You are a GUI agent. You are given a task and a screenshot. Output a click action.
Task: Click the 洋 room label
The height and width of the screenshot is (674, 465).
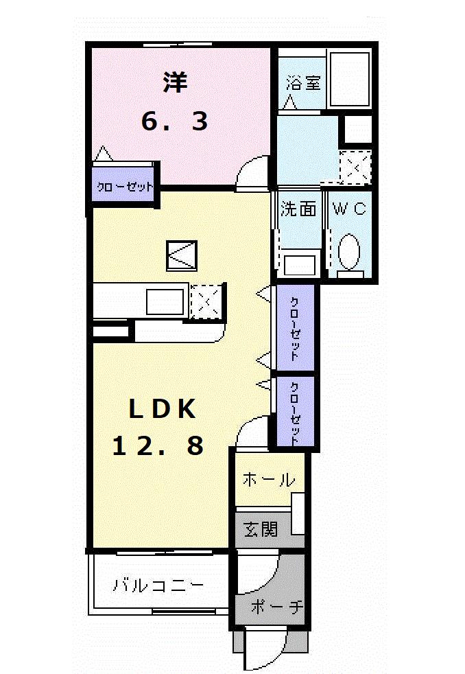point(175,83)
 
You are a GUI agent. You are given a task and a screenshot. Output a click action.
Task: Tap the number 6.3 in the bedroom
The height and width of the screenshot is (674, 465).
point(174,122)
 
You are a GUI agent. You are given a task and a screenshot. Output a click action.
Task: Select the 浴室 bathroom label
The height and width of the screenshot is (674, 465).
point(302,84)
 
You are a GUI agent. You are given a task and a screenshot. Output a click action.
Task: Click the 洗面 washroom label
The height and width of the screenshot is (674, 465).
point(298,209)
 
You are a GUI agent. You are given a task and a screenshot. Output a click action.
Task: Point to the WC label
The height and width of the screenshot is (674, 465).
point(350,209)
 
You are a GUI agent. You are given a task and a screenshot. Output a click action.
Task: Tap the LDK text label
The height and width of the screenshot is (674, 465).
point(163,409)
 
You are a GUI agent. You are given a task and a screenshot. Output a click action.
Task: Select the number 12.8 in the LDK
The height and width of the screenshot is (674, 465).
point(158,446)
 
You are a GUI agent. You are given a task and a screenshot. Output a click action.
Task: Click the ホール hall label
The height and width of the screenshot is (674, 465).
point(268,480)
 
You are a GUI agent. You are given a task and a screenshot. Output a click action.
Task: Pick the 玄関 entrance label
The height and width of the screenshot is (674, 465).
point(261,529)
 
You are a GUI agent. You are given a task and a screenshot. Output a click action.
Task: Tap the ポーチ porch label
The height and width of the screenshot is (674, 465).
point(276,607)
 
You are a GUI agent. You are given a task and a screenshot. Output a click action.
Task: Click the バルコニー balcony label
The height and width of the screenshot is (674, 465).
point(158,586)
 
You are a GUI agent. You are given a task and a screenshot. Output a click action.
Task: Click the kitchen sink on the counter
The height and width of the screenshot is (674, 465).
point(165,302)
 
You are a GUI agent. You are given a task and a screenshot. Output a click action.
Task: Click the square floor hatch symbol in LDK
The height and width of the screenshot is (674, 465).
point(182,255)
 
